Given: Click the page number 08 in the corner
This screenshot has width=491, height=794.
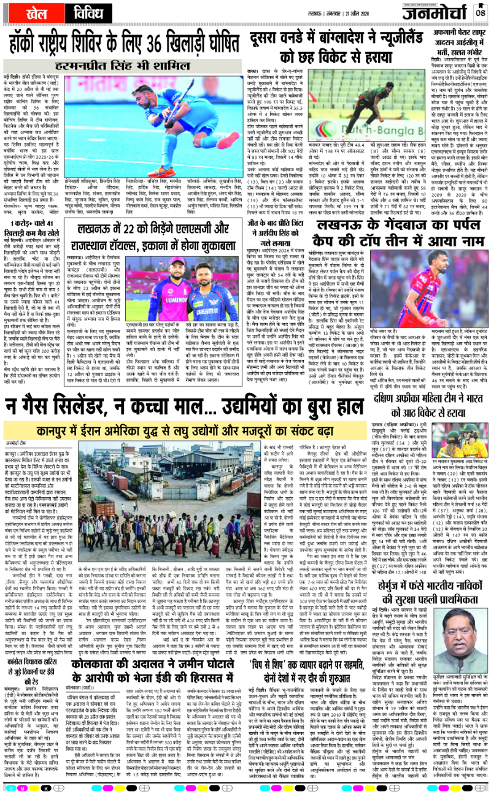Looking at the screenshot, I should pos(480,12).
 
